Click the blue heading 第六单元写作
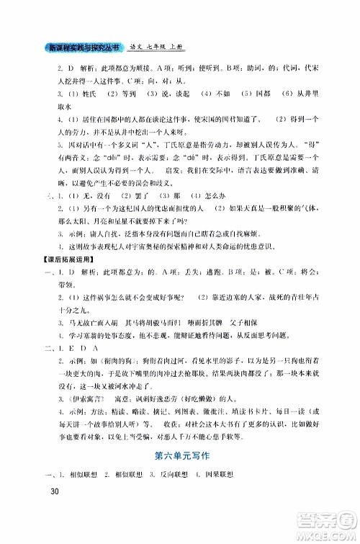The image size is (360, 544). pyautogui.click(x=179, y=458)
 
